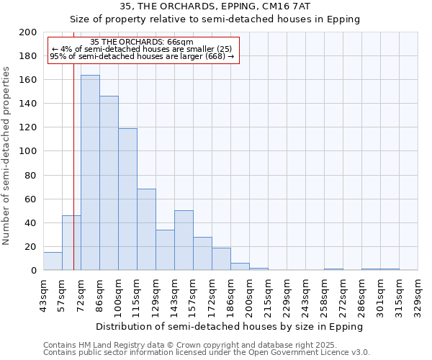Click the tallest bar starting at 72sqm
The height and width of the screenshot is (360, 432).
pyautogui.click(x=90, y=173)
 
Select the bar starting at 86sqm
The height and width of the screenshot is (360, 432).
pyautogui.click(x=109, y=184)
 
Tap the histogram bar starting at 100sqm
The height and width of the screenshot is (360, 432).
pyautogui.click(x=127, y=199)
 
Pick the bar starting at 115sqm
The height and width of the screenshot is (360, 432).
pyautogui.click(x=146, y=230)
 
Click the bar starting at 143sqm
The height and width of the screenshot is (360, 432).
pyautogui.click(x=184, y=240)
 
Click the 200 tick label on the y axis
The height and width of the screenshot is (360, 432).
pyautogui.click(x=28, y=32)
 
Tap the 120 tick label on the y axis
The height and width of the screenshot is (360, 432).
pyautogui.click(x=28, y=127)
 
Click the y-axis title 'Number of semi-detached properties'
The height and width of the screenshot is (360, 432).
pyautogui.click(x=7, y=156)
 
